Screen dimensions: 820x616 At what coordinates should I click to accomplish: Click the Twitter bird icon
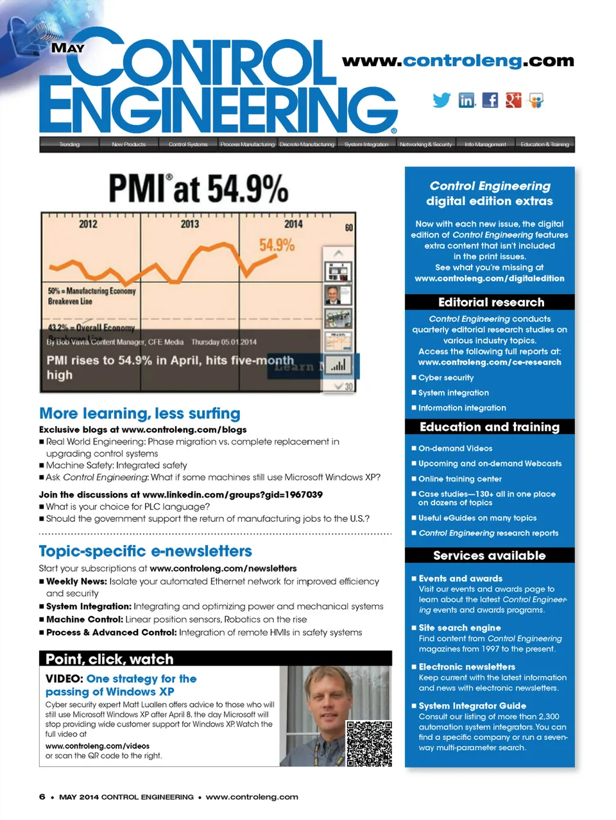(441, 100)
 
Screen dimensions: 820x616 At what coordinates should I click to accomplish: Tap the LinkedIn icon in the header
(467, 100)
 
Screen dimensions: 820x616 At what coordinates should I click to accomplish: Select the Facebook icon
(490, 100)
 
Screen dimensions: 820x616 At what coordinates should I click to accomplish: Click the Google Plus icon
(513, 100)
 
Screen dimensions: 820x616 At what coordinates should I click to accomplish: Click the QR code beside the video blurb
(369, 744)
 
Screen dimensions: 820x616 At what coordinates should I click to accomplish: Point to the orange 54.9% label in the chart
(277, 245)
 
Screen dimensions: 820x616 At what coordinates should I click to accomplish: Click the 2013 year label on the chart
(189, 224)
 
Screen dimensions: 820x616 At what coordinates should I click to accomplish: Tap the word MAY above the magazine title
(67, 48)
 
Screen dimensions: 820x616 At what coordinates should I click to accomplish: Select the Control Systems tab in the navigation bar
(188, 144)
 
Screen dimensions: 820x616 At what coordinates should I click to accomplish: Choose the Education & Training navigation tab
(545, 144)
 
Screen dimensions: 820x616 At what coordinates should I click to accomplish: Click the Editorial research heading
(491, 302)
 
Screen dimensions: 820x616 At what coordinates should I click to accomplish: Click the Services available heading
(489, 555)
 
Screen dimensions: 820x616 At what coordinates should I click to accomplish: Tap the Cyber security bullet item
(446, 378)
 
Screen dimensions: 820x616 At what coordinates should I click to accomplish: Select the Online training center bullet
(460, 479)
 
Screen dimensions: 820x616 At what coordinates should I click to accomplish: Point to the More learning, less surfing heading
(140, 414)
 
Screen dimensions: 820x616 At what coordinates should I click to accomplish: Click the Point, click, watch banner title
(110, 659)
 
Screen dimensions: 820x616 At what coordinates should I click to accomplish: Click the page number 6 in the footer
(42, 797)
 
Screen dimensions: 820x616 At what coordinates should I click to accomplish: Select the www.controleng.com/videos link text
(98, 746)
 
